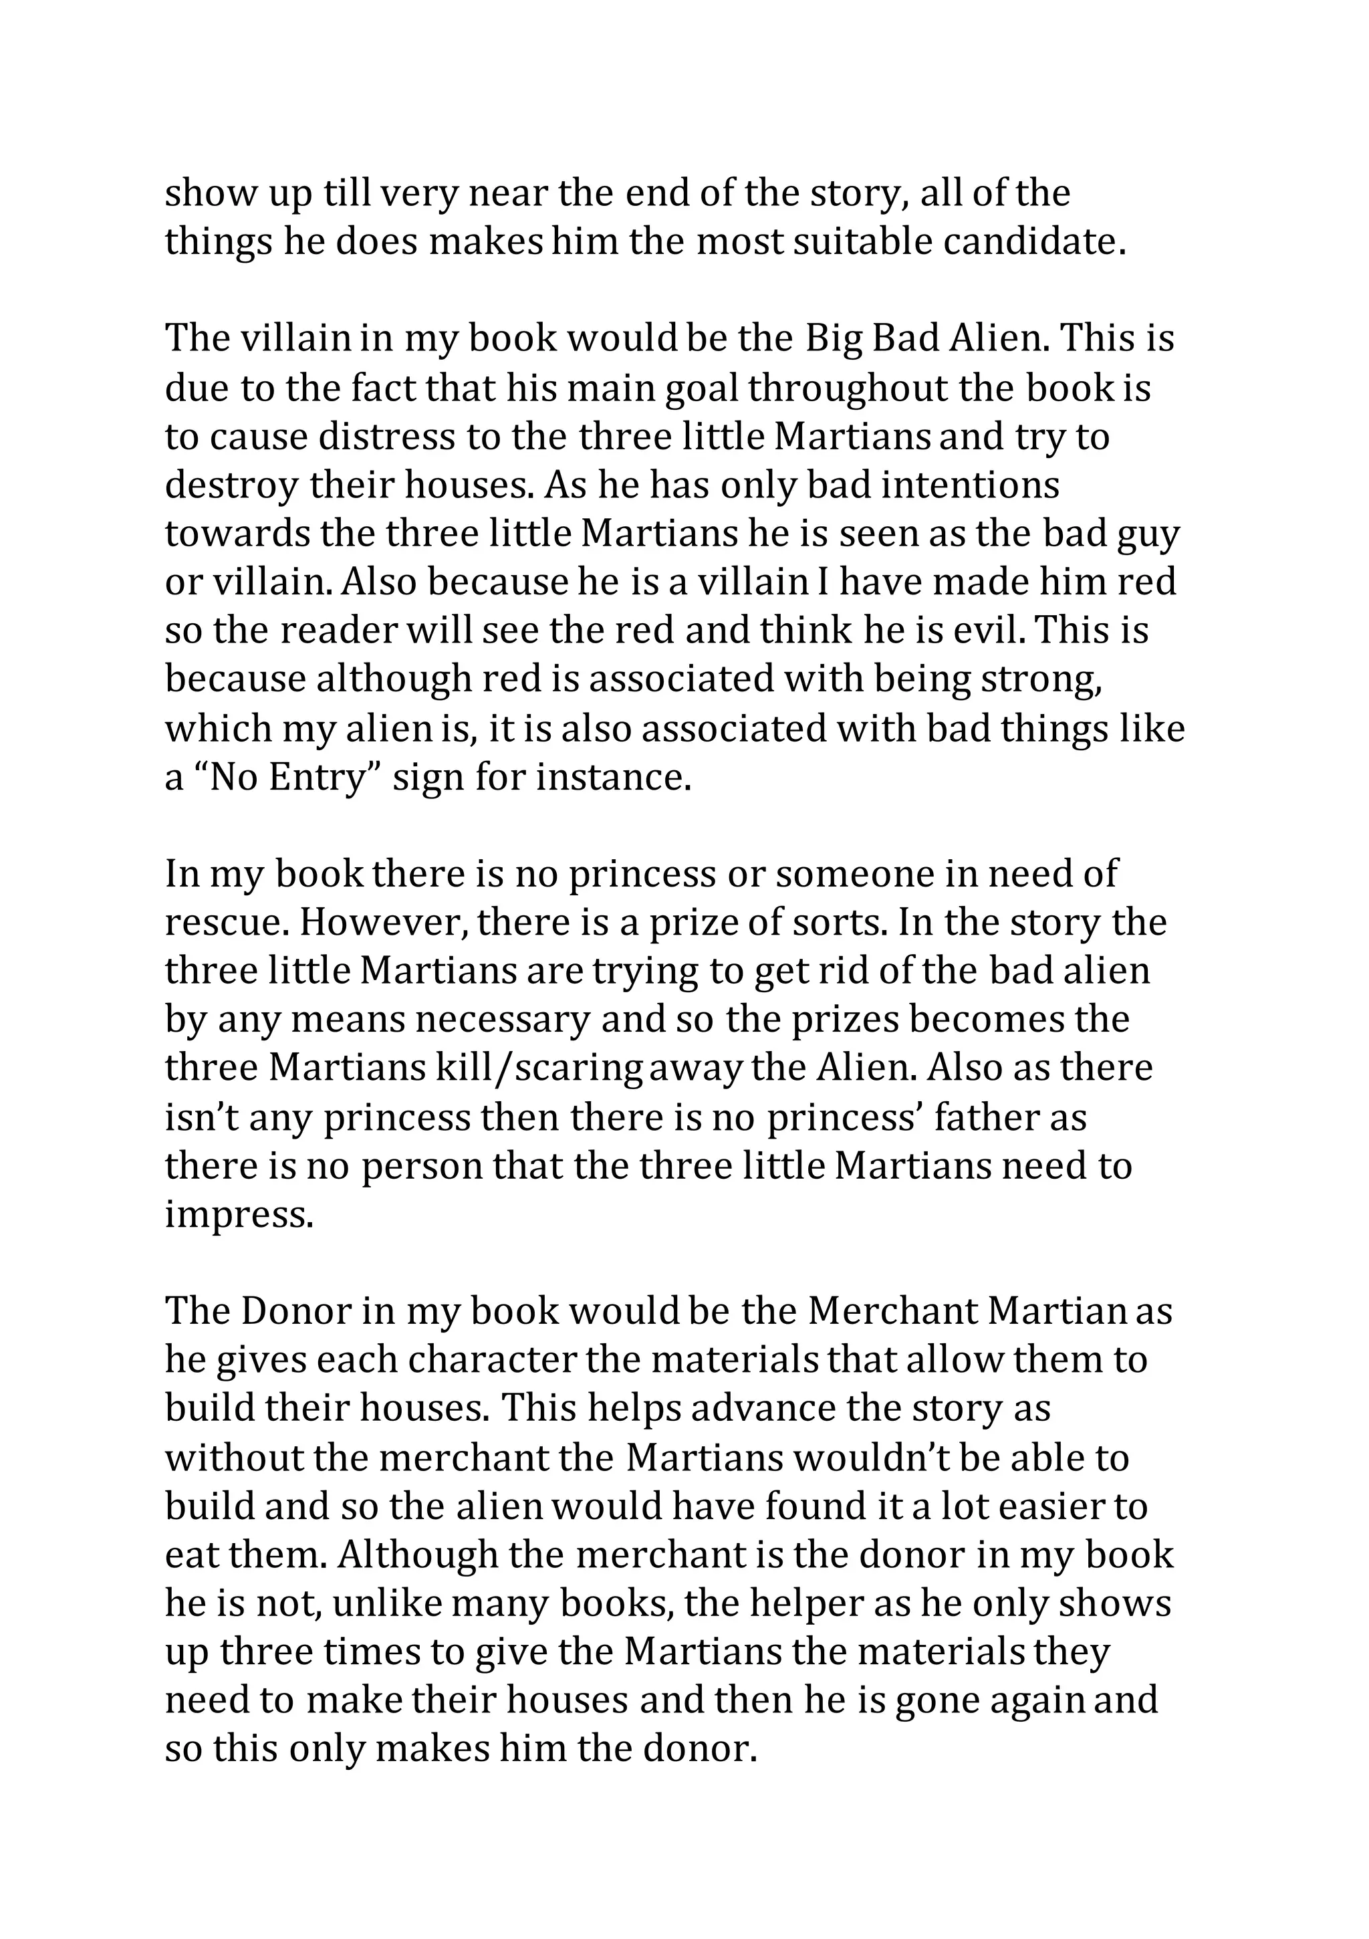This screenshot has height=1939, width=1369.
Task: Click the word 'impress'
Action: [237, 1216]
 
